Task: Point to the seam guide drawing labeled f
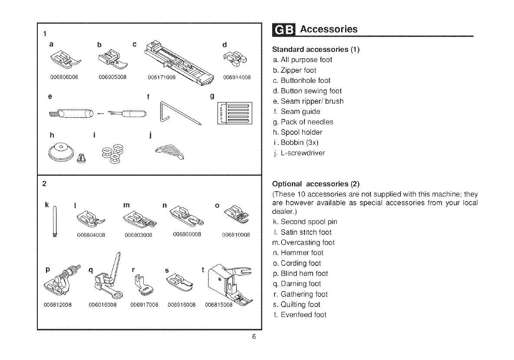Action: (x=178, y=114)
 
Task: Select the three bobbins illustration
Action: (x=112, y=155)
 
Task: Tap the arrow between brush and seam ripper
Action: (x=100, y=115)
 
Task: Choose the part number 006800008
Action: (x=187, y=235)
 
